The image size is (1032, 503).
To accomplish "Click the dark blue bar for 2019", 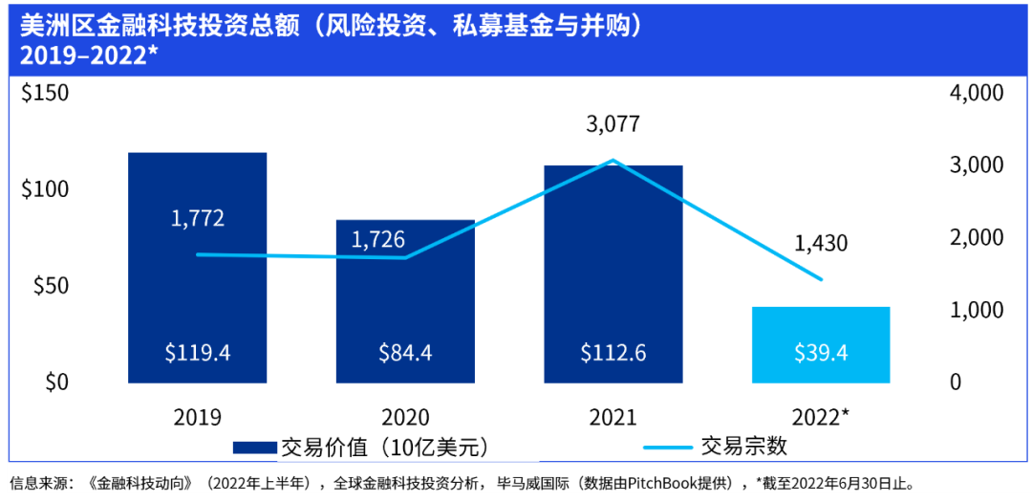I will [x=197, y=287].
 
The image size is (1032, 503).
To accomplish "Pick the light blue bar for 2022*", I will [x=821, y=330].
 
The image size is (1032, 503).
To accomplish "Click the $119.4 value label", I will [x=197, y=353].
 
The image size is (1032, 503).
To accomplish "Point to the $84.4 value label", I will [x=405, y=353].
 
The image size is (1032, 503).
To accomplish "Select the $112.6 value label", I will [x=613, y=353].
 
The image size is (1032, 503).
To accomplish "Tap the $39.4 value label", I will [x=821, y=353].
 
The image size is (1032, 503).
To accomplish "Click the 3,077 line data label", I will [x=613, y=124].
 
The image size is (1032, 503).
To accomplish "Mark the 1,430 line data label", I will [x=821, y=243].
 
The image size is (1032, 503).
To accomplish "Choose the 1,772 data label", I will [x=198, y=218].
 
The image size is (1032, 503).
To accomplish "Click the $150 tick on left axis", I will [x=45, y=94].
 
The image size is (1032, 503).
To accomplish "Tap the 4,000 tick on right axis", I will [x=976, y=94].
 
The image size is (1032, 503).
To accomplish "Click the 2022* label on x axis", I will [x=821, y=417].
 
